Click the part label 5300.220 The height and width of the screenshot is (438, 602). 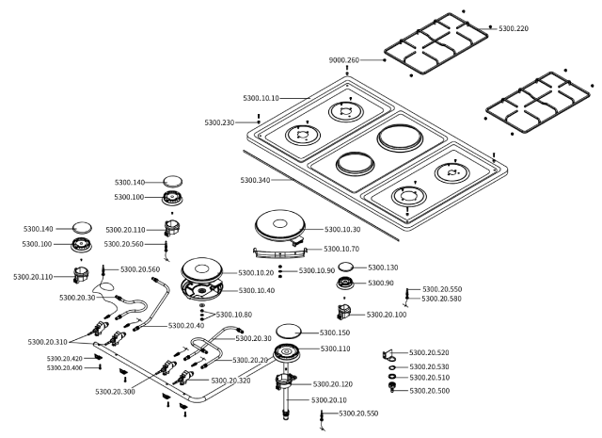pyautogui.click(x=514, y=28)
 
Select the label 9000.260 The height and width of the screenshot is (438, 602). pyautogui.click(x=344, y=60)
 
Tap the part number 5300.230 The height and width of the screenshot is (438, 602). pyautogui.click(x=219, y=122)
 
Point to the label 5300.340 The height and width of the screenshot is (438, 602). pyautogui.click(x=255, y=180)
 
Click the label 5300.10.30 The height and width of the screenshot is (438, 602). pyautogui.click(x=342, y=229)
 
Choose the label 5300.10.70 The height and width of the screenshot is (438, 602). pyautogui.click(x=341, y=249)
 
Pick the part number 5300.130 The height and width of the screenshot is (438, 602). pyautogui.click(x=383, y=268)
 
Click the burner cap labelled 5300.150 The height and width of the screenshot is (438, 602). pyautogui.click(x=289, y=331)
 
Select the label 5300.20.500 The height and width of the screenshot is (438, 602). pyautogui.click(x=430, y=391)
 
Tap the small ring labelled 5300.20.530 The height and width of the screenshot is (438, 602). pyautogui.click(x=392, y=368)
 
